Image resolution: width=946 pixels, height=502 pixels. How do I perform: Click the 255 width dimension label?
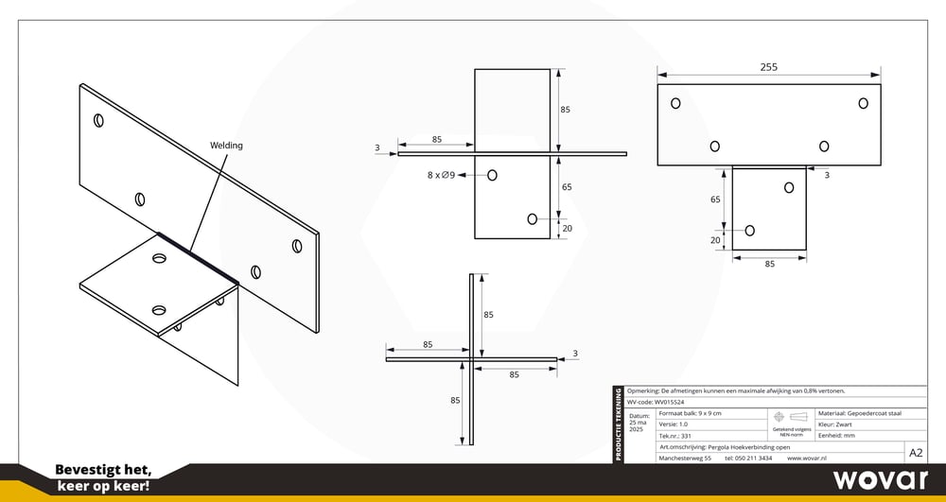point(768,68)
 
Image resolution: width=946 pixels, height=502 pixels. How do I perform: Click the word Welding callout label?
point(226,146)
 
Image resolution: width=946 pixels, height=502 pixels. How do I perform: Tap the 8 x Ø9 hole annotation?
point(442,175)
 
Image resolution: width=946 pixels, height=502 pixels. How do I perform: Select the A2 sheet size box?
point(916,453)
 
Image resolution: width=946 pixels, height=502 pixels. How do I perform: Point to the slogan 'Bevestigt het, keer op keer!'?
point(102,478)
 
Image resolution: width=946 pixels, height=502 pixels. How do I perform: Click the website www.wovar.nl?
point(809,458)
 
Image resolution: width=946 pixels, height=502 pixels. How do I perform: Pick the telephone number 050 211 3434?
point(747,458)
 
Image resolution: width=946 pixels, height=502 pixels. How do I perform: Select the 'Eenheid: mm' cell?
point(838,436)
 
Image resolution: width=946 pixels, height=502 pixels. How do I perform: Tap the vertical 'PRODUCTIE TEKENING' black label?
point(619,424)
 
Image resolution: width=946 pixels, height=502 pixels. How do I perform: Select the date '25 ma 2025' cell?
point(639,423)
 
